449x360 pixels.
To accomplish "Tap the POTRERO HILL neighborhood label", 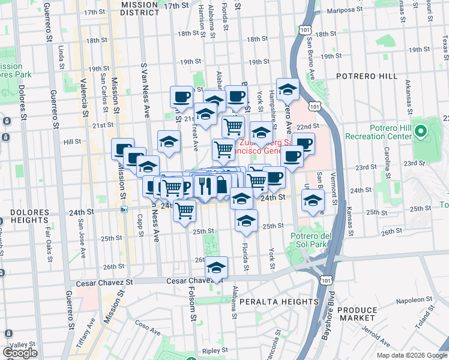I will (x=366, y=76).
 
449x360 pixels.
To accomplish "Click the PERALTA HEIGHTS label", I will (x=278, y=301).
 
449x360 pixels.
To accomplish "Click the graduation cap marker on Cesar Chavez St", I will (x=217, y=268).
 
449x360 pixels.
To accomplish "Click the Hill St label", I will (x=72, y=142).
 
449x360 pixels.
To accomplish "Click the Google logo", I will (x=20, y=352).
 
